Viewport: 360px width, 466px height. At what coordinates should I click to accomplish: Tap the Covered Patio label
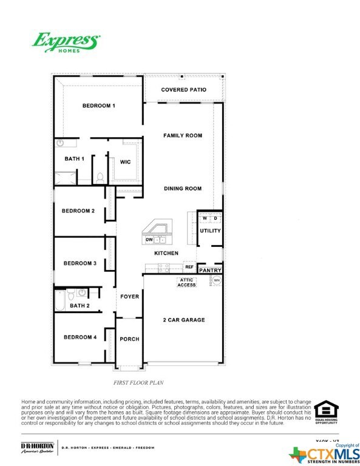183,90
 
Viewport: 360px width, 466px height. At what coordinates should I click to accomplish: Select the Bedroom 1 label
99,106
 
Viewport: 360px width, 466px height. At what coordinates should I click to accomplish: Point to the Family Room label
183,135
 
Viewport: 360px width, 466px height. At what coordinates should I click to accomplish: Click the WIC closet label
126,162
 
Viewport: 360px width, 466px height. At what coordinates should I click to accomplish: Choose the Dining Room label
183,189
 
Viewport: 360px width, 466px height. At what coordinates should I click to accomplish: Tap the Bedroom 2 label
78,211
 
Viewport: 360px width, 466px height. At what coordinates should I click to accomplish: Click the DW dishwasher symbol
148,240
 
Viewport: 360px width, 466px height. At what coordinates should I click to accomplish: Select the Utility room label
210,231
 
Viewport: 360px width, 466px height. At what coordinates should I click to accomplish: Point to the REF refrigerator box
189,267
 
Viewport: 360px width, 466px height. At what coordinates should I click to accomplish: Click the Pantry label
210,270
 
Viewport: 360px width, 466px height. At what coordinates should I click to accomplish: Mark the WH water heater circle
216,280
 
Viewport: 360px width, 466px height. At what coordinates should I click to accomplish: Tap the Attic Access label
186,282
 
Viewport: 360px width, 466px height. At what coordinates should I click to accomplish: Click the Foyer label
129,297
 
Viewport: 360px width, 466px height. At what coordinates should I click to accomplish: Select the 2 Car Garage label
183,320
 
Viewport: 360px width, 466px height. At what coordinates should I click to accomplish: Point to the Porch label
129,339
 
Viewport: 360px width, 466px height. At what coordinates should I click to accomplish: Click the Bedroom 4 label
80,337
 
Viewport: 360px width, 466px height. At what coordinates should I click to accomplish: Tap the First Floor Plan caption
138,383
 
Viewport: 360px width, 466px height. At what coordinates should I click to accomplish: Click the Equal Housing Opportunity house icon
326,410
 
